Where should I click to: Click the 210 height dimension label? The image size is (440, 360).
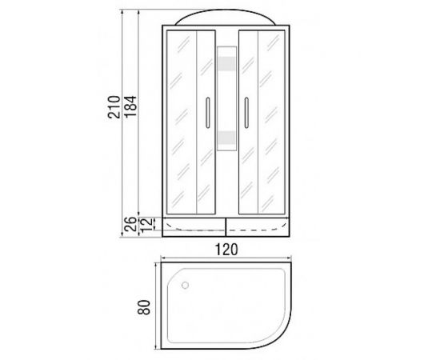tap(114, 107)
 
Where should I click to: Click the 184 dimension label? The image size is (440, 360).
tap(130, 107)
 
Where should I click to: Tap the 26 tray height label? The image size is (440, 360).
tap(130, 224)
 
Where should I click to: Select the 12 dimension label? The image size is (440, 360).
tap(146, 224)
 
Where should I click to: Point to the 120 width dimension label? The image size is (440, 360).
tap(226, 250)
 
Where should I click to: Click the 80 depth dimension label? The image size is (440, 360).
tap(144, 307)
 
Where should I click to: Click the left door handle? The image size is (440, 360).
tap(208, 113)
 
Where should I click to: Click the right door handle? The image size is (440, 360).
tap(246, 113)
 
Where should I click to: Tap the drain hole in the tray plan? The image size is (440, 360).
tap(185, 286)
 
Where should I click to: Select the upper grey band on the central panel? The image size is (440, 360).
tap(226, 64)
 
